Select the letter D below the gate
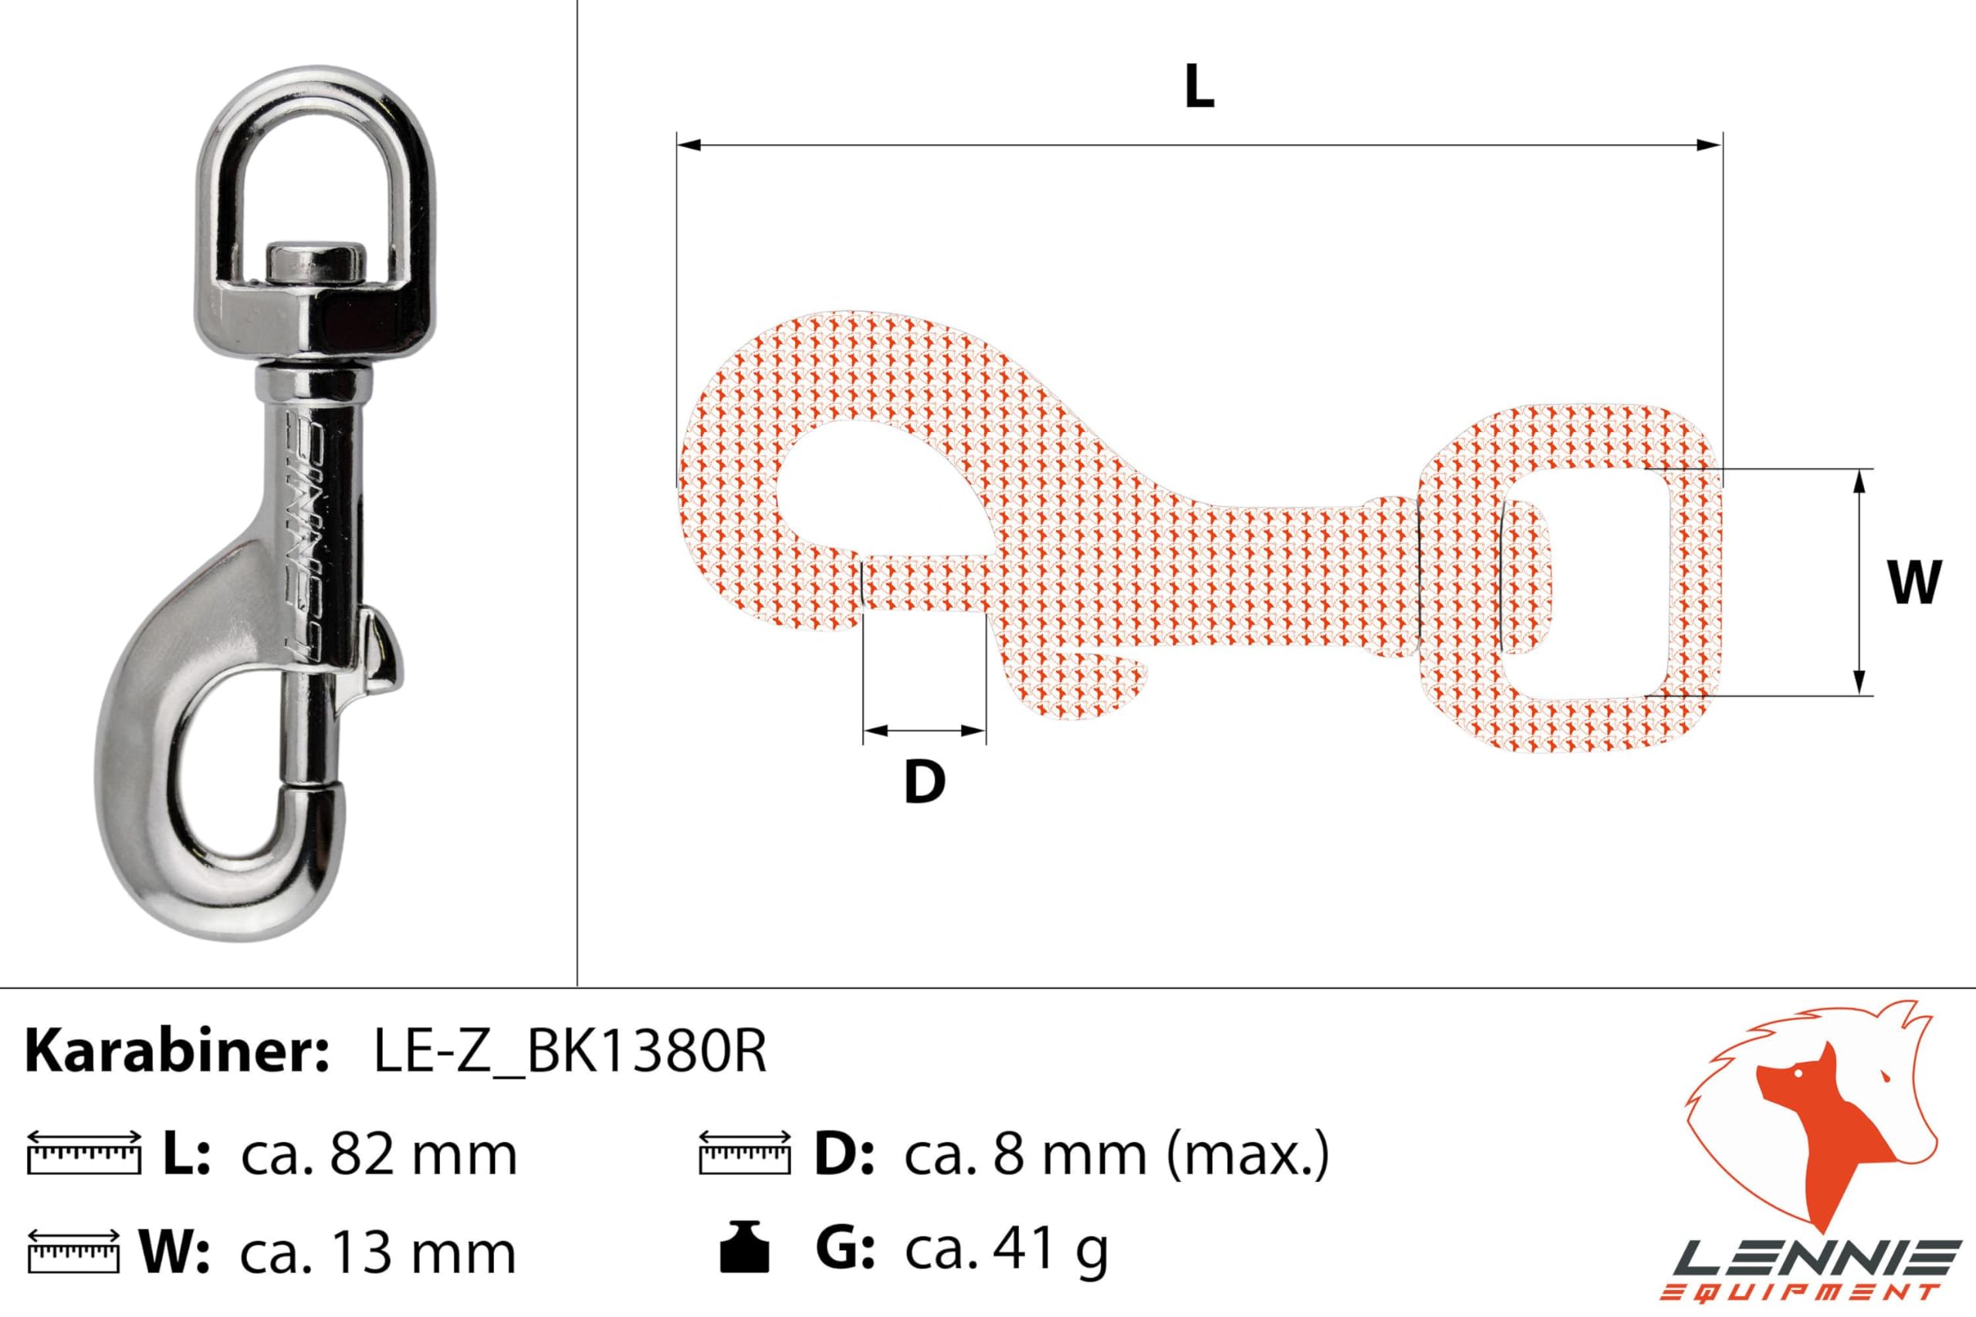(x=924, y=782)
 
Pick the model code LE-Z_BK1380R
(x=570, y=1052)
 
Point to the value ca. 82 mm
(x=379, y=1155)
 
